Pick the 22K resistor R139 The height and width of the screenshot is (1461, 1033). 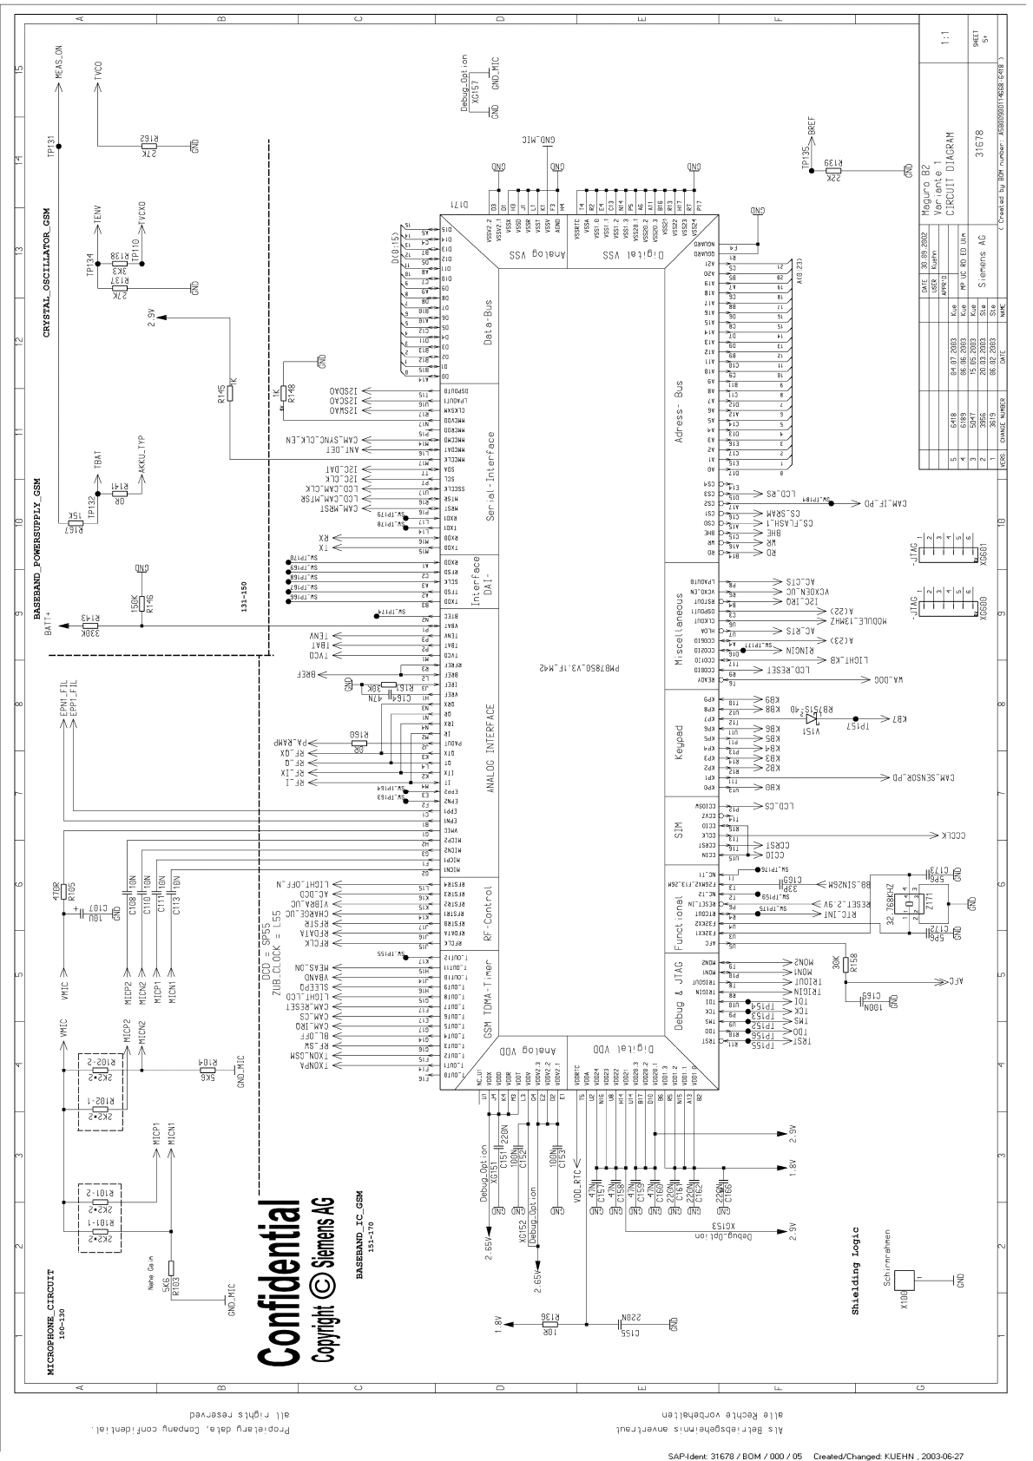(833, 172)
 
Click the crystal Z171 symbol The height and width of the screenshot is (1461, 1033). (908, 904)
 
